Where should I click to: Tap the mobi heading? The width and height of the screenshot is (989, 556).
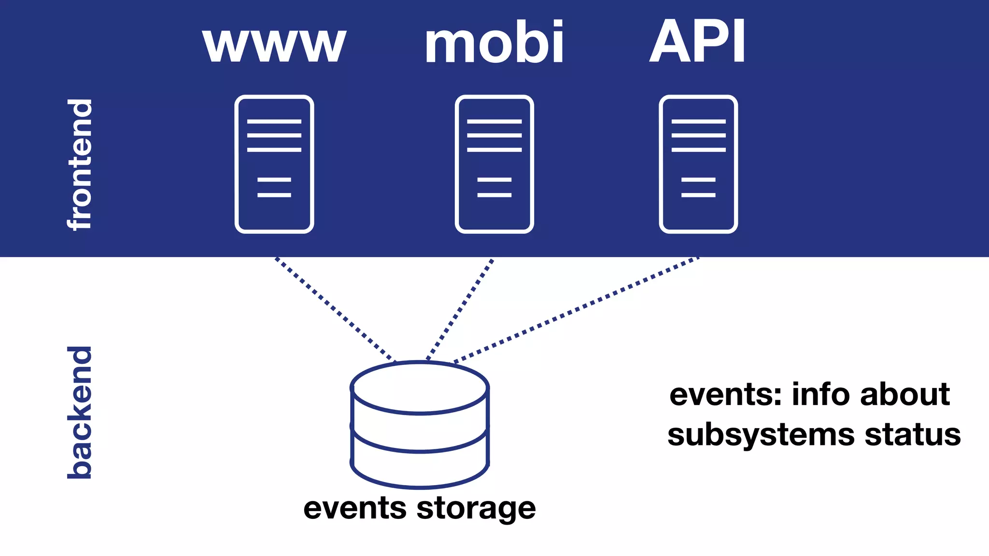(x=494, y=42)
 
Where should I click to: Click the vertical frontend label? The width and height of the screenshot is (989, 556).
(x=80, y=164)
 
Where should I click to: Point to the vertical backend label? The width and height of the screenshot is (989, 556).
(x=80, y=413)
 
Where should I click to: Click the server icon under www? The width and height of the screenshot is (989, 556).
(x=274, y=164)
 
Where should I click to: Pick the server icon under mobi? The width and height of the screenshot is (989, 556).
(x=494, y=164)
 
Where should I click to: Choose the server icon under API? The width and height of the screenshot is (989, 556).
(x=698, y=164)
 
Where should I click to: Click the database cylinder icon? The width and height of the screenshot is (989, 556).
(x=420, y=425)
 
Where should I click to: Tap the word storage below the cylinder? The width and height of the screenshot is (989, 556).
(x=476, y=509)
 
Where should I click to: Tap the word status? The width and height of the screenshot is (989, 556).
(x=913, y=434)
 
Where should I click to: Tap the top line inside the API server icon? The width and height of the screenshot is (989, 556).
(x=698, y=122)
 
